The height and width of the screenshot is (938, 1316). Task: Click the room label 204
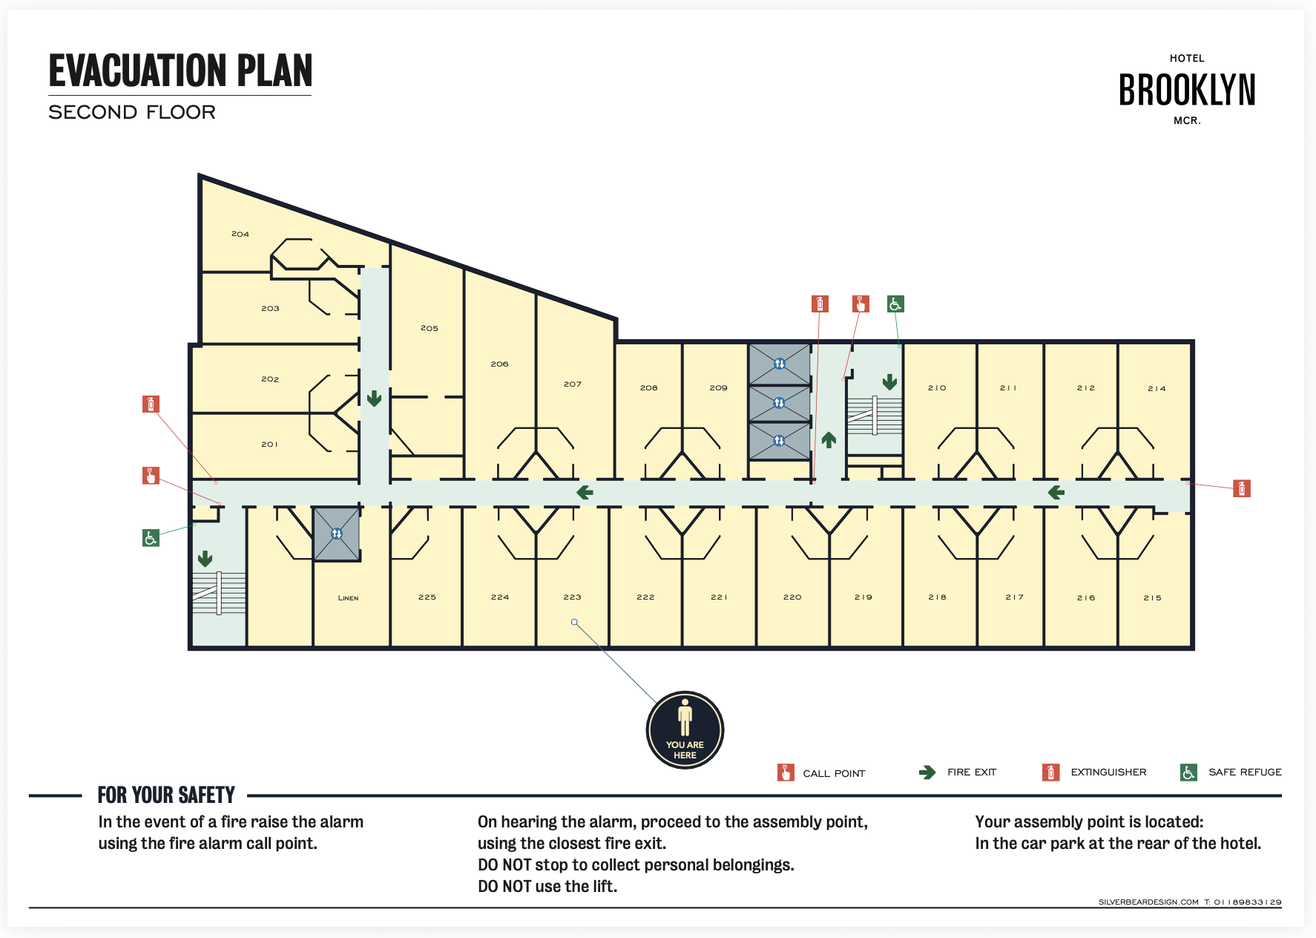pos(240,234)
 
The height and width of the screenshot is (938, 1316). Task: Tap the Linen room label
pos(348,597)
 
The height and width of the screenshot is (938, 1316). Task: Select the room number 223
pos(572,597)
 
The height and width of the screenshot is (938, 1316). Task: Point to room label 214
pos(1157,388)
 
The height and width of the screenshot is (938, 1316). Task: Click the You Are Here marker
pos(685,729)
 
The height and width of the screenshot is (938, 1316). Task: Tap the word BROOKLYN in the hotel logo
pos(1187,90)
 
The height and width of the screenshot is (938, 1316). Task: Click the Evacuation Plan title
pos(180,70)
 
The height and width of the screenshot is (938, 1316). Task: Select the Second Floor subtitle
pos(132,112)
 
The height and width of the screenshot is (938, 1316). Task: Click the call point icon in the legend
pos(786,773)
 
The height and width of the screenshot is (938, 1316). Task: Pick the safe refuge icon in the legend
pos(1188,772)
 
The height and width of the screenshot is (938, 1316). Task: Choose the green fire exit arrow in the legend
pos(927,773)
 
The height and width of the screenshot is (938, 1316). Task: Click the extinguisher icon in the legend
pos(1050,772)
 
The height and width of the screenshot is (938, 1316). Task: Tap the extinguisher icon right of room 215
pos(1242,488)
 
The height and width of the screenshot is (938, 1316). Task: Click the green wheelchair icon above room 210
pos(895,304)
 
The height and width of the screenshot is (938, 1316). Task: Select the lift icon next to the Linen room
pos(337,534)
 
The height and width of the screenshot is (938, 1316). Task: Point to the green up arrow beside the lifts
pos(829,440)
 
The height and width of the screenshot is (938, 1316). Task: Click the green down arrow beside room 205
pos(374,399)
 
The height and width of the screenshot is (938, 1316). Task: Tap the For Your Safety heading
pos(166,795)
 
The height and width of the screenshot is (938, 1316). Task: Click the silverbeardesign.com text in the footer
pos(1148,902)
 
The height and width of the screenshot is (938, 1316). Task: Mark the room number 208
pos(648,387)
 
